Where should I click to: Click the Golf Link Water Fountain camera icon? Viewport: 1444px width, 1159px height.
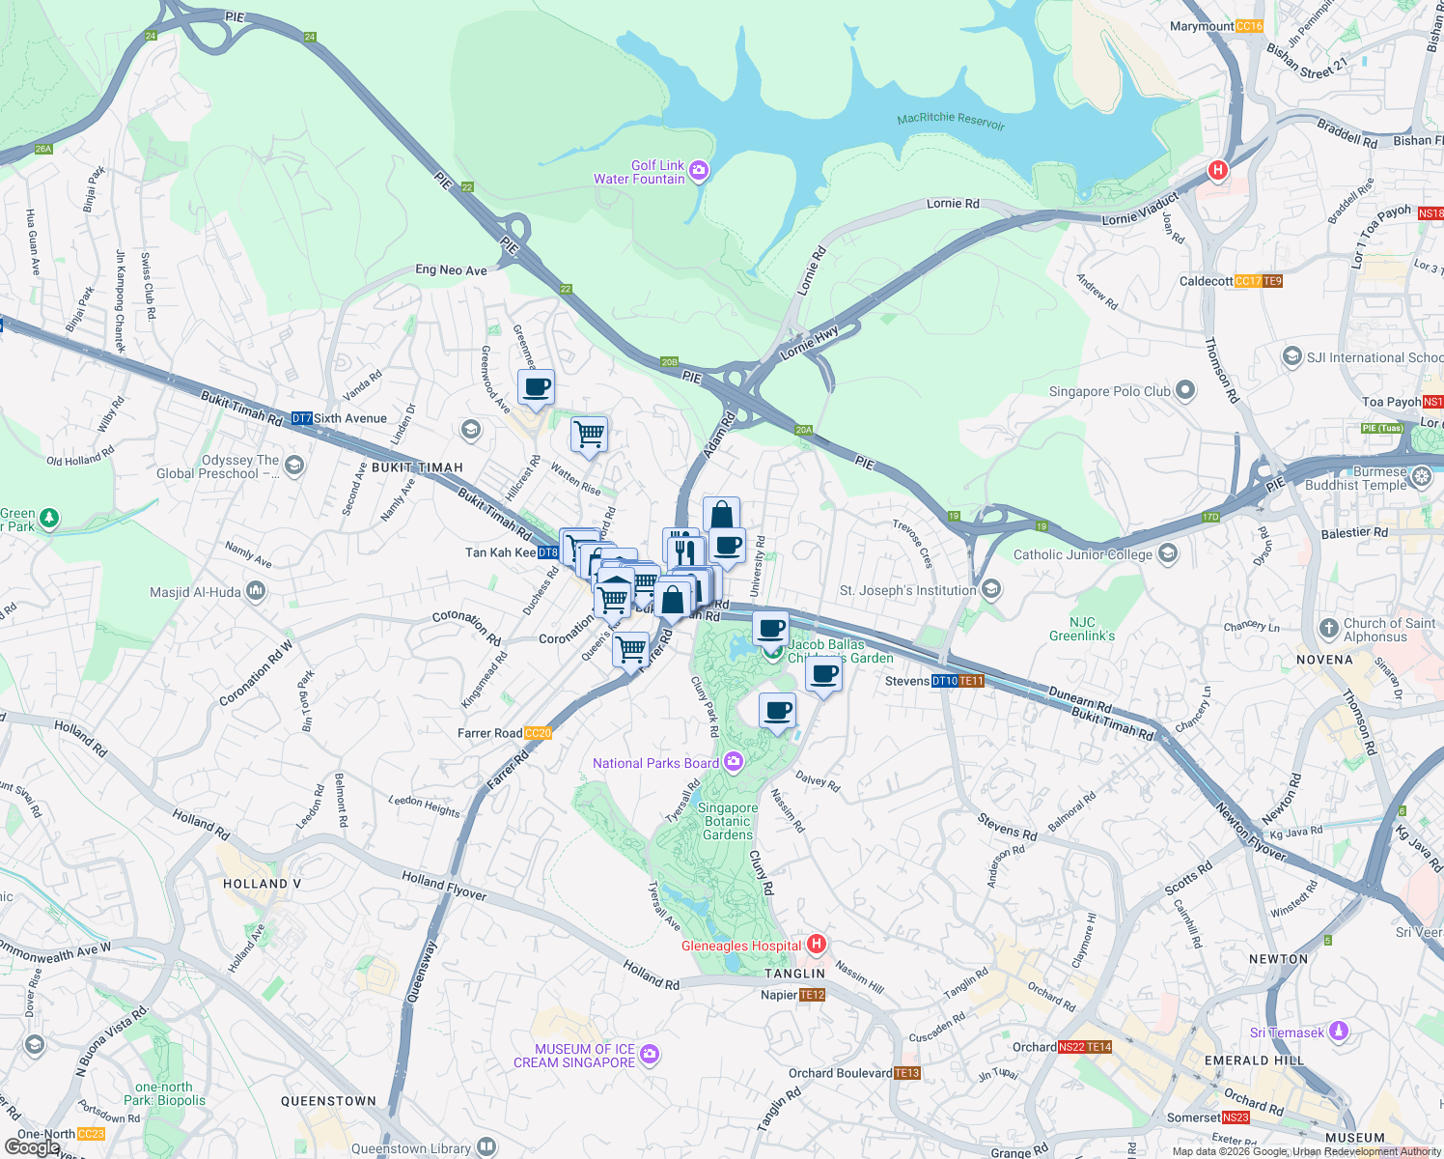click(699, 172)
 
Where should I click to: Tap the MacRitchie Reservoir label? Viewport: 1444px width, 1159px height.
click(951, 120)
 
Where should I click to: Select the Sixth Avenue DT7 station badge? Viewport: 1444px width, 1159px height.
click(301, 418)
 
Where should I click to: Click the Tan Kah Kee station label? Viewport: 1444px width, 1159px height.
click(500, 552)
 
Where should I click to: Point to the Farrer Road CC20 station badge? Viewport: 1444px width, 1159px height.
click(538, 733)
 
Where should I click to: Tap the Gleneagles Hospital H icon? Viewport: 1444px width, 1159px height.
click(817, 944)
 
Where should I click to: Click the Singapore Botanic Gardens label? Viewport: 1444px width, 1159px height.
click(728, 821)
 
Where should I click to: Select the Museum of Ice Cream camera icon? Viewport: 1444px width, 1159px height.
click(650, 1054)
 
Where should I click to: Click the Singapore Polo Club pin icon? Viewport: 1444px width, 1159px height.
click(1185, 391)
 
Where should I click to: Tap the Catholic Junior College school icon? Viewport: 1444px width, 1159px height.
click(1168, 553)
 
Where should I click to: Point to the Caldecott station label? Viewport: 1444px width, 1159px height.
click(1206, 281)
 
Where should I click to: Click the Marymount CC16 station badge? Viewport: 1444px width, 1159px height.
click(1249, 26)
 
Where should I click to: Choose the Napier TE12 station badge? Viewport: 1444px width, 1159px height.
click(812, 995)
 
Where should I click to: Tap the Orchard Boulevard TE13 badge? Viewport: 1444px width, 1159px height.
click(907, 1073)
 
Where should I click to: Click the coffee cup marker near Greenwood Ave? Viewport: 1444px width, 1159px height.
click(537, 388)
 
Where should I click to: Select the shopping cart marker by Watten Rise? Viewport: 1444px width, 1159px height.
click(589, 434)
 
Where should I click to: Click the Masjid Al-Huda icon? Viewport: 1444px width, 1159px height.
click(256, 590)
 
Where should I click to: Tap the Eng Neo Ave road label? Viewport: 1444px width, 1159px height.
click(451, 270)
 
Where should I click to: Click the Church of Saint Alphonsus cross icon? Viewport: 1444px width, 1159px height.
click(1329, 628)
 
